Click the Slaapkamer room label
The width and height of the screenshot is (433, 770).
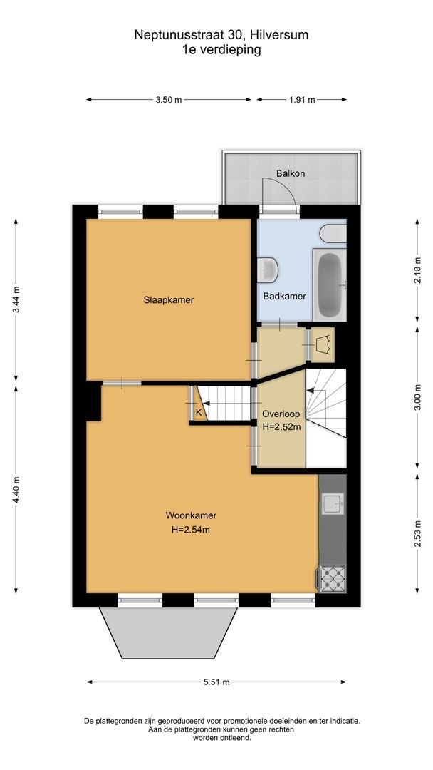168,300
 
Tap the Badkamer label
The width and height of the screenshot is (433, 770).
284,296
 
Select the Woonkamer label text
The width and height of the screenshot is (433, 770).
191,515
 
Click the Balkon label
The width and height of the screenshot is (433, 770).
291,174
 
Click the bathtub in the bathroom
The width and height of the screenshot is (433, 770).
328,286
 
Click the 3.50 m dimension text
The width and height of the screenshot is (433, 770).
168,101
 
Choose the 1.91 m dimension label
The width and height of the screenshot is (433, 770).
302,101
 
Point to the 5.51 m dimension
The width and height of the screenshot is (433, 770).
217,682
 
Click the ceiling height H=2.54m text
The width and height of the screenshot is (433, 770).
190,530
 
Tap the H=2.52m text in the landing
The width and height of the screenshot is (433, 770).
281,427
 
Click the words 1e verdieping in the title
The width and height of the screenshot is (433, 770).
221,50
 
